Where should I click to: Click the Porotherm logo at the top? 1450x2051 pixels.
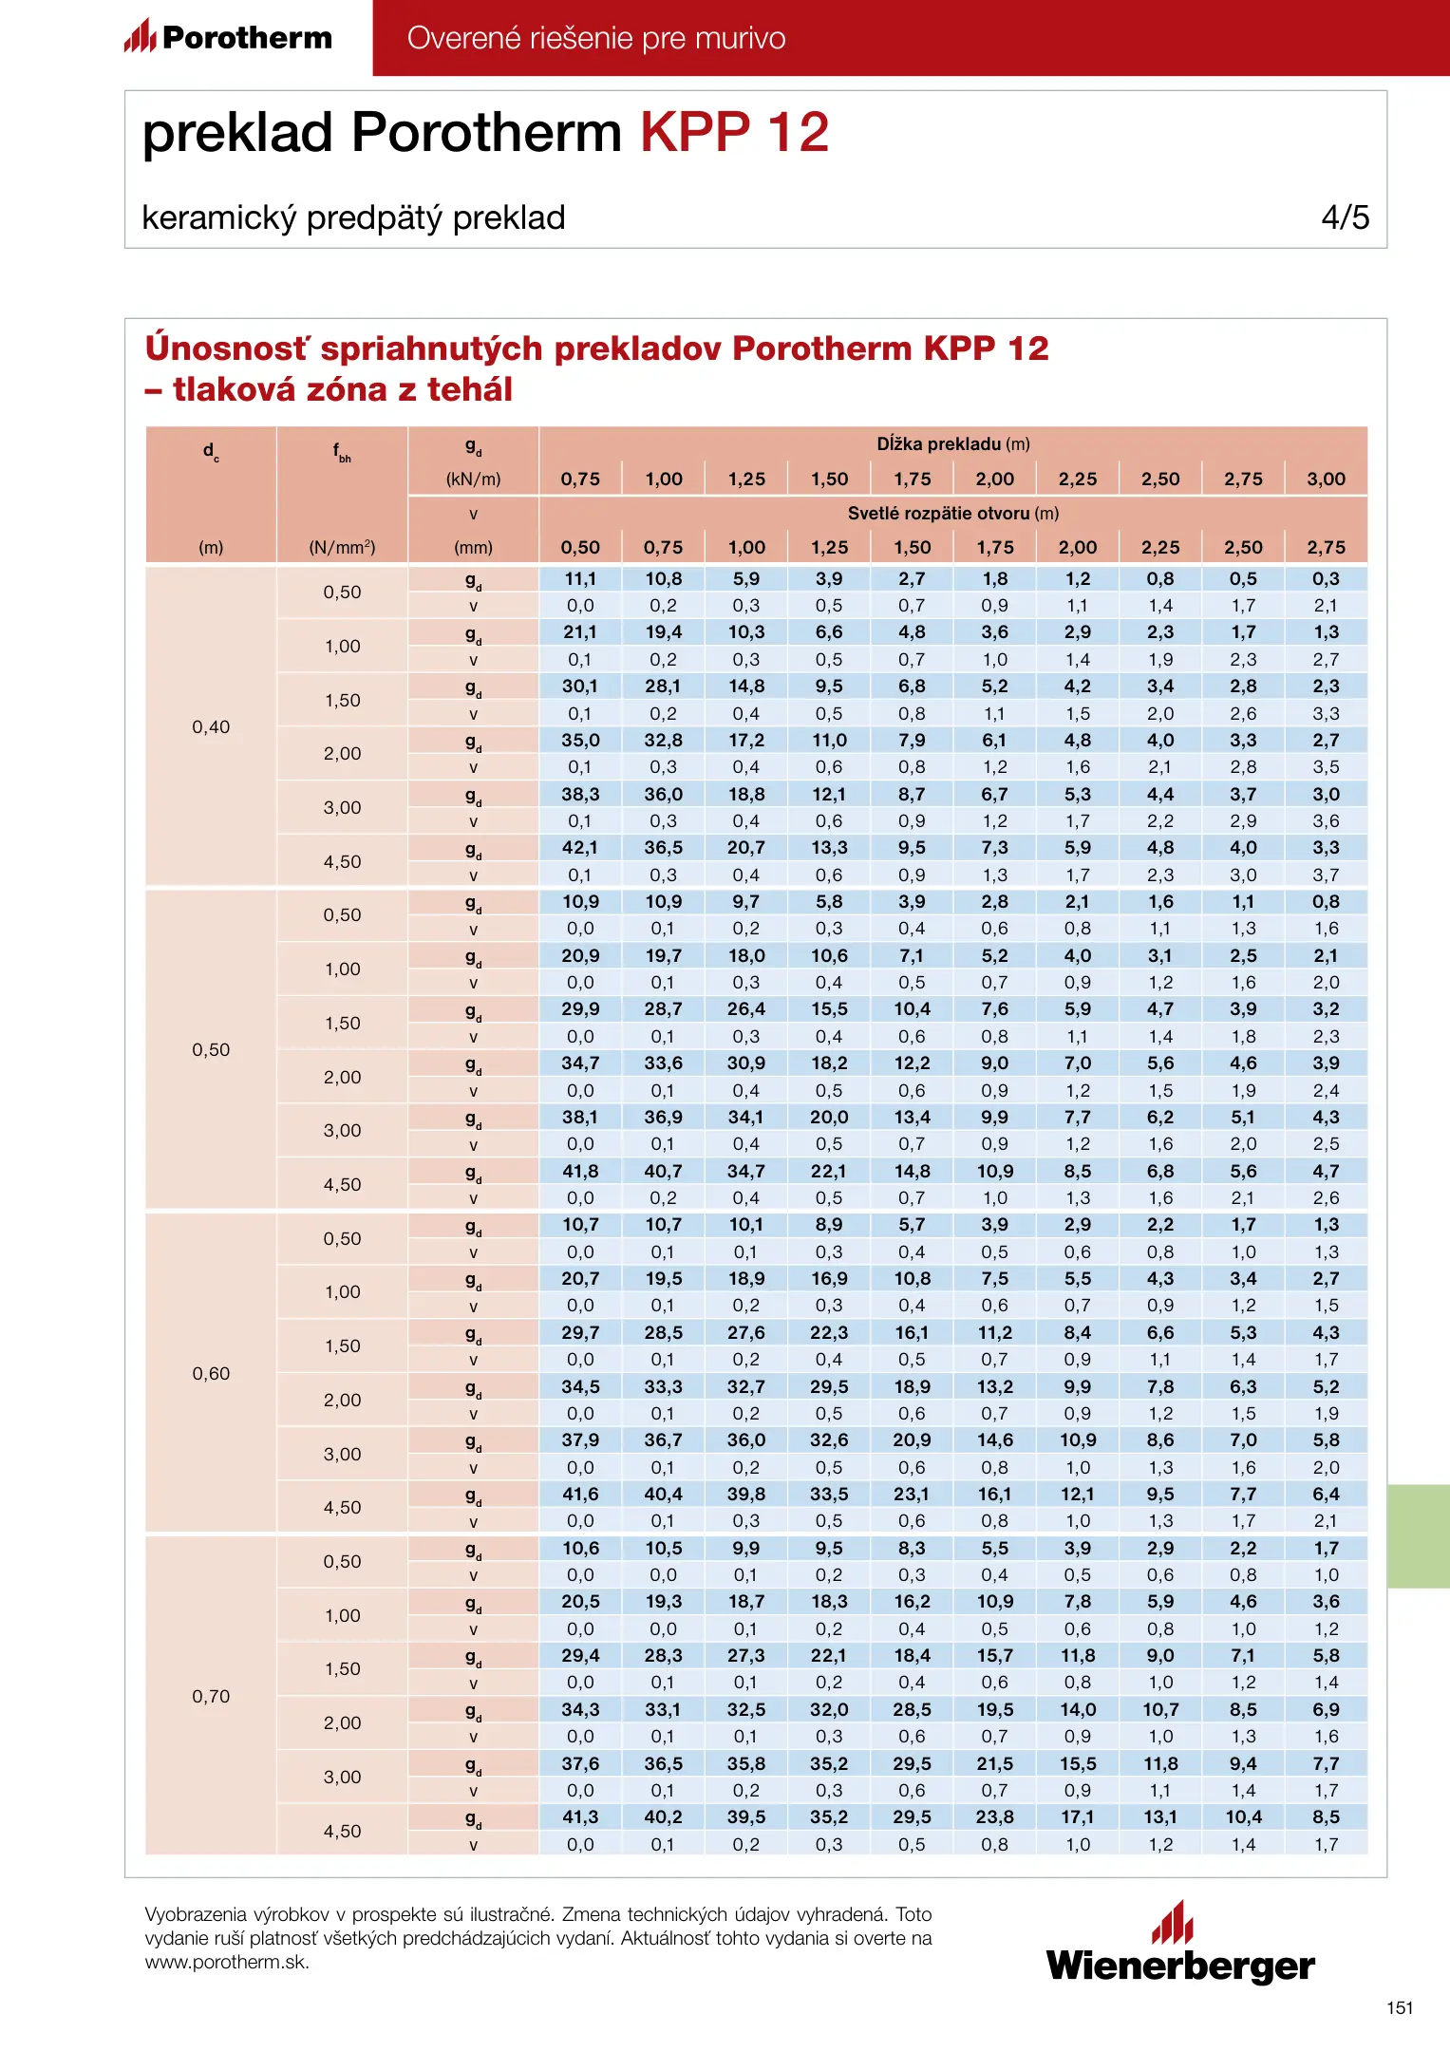point(228,37)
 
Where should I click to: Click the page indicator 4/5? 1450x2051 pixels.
point(1345,217)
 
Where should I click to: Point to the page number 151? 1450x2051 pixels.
point(1400,2007)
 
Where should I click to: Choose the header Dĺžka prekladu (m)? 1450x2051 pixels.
point(952,443)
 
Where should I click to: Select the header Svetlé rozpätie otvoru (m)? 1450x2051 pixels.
point(952,514)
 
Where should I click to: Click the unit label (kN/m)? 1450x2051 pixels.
point(473,480)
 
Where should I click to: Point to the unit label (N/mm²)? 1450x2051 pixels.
point(342,548)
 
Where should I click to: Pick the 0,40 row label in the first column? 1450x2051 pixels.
point(211,727)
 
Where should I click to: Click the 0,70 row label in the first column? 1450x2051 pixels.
point(211,1696)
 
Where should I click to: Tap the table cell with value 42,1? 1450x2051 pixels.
point(580,848)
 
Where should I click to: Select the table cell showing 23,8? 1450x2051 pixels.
point(995,1816)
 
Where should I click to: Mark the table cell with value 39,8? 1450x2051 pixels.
point(746,1494)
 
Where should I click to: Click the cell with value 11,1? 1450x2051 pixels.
point(580,579)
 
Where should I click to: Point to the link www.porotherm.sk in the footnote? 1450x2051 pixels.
point(226,1963)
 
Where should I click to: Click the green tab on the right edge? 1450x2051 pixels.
point(1418,1535)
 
